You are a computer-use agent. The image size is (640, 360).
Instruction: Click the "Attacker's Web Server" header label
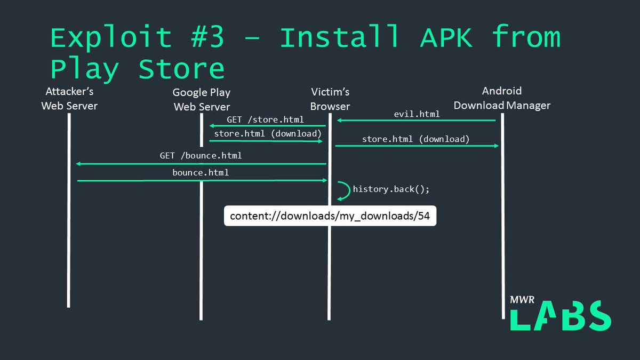click(69, 99)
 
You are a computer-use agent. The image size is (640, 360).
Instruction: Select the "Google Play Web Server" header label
click(202, 100)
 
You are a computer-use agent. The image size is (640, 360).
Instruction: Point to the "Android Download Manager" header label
click(502, 98)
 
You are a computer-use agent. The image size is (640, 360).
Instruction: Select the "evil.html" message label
click(417, 114)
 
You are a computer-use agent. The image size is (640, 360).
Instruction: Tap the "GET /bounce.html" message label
click(201, 156)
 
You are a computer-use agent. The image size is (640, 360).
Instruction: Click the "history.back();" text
click(391, 189)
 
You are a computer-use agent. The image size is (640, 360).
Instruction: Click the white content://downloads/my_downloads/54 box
click(330, 216)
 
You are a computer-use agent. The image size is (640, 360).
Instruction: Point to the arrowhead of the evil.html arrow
click(339, 121)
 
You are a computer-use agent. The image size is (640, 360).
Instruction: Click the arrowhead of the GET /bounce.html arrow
click(79, 164)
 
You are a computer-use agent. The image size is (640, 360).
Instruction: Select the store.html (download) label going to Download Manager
click(415, 139)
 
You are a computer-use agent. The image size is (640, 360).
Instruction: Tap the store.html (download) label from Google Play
click(268, 133)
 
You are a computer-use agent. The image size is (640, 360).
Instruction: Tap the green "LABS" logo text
click(561, 316)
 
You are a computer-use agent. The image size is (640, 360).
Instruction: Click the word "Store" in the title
click(181, 69)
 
